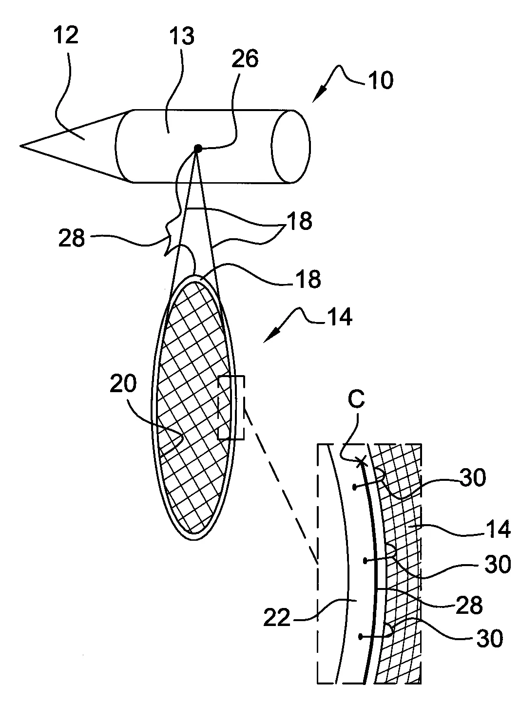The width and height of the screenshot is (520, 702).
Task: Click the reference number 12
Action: pos(66,36)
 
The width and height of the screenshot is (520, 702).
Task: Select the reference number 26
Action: pos(245,58)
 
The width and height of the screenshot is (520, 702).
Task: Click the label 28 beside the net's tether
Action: pos(72,238)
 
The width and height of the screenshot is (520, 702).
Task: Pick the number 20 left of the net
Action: pos(123,383)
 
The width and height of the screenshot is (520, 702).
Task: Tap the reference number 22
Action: pos(277,618)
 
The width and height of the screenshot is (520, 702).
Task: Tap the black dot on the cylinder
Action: pos(198,148)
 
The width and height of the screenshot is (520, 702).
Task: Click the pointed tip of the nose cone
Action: pos(20,146)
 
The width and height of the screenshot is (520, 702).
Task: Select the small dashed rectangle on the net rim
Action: pos(231,407)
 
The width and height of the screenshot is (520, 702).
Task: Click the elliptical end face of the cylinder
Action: pos(291,146)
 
